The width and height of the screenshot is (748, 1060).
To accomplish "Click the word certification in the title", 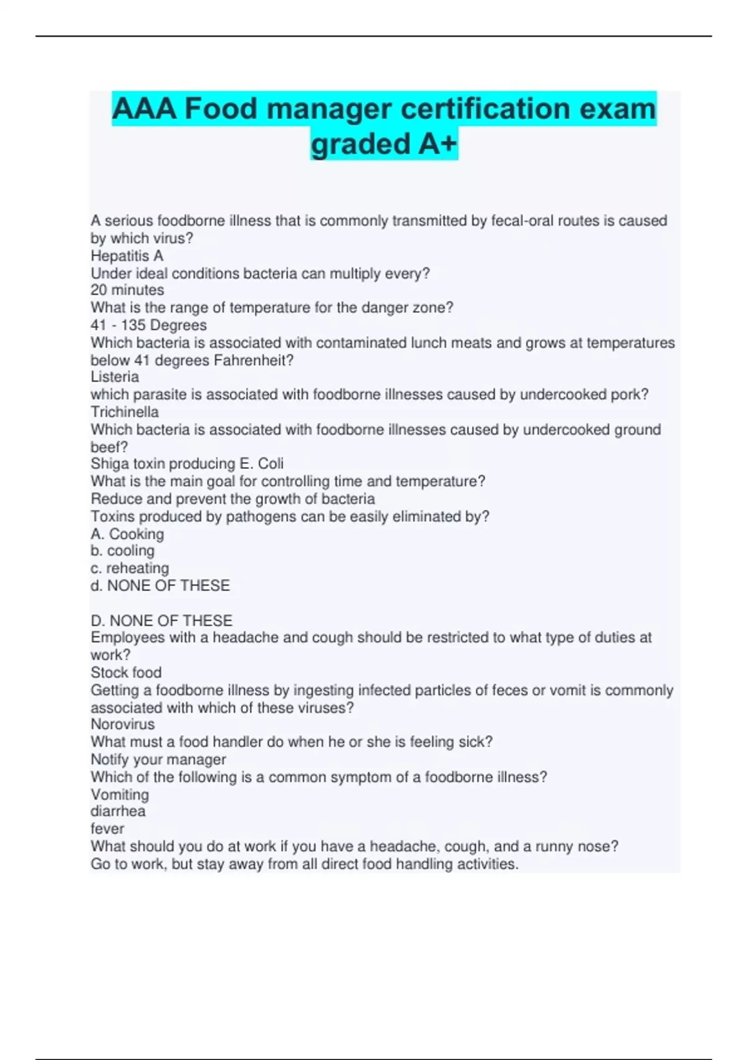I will [486, 109].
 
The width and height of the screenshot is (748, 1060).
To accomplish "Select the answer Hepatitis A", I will [127, 256].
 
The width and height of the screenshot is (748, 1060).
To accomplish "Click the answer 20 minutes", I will [127, 290].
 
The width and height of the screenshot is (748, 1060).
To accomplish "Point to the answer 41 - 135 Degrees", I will [148, 325].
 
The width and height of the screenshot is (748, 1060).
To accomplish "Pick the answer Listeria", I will [115, 377].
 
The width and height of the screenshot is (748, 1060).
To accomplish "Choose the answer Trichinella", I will [125, 412].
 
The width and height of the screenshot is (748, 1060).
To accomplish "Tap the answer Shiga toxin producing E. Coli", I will [187, 463].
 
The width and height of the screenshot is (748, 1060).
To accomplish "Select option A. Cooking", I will [127, 534].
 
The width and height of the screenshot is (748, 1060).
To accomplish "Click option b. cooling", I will [122, 551].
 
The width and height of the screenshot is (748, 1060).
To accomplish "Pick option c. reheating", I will [130, 568].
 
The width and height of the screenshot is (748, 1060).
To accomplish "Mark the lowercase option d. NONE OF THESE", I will [160, 585].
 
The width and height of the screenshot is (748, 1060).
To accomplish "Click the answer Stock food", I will [126, 672].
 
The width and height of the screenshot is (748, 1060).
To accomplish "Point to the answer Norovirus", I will [123, 724].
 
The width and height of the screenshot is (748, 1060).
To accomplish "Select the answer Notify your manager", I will [158, 759].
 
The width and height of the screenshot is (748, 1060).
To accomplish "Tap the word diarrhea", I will [118, 811].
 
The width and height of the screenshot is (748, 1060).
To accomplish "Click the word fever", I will [107, 829].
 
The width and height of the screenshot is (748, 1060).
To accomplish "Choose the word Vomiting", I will [120, 794].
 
